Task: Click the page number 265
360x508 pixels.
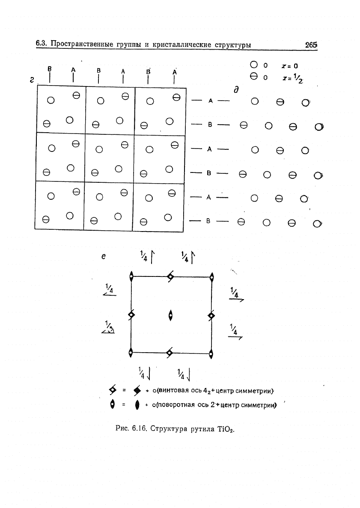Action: click(x=311, y=45)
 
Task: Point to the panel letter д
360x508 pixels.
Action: click(x=235, y=90)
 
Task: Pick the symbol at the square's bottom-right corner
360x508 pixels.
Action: click(x=211, y=354)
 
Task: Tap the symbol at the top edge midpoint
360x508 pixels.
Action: click(x=170, y=277)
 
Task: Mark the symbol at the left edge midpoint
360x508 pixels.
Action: click(x=131, y=315)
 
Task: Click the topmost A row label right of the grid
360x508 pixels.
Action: click(x=210, y=101)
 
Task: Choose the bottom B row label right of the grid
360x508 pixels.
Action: click(x=210, y=222)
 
